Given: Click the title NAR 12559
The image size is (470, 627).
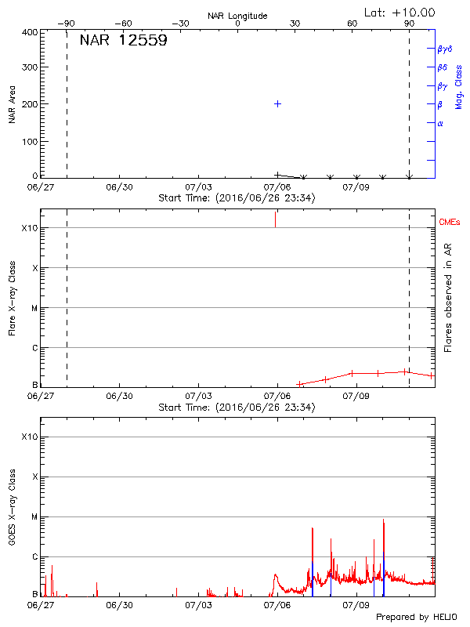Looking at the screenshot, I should point(123,41).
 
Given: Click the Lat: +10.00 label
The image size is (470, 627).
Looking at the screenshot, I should point(399,13).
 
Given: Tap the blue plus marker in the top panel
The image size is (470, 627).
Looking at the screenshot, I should point(277,103).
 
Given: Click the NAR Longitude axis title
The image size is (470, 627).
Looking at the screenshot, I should point(237,16).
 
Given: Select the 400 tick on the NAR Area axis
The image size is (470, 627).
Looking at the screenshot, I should point(30,33).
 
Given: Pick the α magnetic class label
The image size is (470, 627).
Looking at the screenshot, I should point(440,123).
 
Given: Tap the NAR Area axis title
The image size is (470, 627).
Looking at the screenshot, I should point(13,104).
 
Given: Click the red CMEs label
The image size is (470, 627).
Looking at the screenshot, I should point(450,223).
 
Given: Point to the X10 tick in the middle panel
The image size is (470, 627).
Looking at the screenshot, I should point(28,228).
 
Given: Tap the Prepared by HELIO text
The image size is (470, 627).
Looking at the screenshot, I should point(416,617).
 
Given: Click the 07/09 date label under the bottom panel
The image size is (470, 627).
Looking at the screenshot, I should point(356,605).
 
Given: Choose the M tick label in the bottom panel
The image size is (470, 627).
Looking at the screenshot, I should point(33,516).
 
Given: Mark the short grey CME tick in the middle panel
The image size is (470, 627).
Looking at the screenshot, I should point(275,219).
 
